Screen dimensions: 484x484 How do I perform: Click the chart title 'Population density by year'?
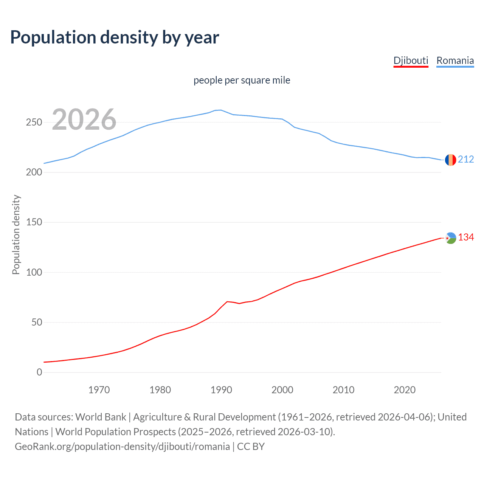tap(115, 37)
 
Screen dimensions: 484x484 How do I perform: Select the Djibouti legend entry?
tap(411, 60)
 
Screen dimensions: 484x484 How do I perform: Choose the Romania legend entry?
tap(455, 60)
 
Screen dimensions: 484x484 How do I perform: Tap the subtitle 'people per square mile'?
tap(242, 80)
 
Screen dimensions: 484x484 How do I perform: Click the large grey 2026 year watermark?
tap(84, 119)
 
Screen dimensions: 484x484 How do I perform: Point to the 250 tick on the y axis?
tap(34, 122)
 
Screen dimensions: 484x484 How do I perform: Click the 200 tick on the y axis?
tap(34, 172)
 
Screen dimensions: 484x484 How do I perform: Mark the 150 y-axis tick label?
tap(34, 222)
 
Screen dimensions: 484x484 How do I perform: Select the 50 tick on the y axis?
tap(36, 322)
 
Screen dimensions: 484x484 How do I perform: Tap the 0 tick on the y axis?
tap(39, 372)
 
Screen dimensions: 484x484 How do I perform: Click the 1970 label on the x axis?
tap(99, 390)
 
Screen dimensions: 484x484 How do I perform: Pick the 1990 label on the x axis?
tap(221, 390)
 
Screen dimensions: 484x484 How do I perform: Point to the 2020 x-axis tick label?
tap(405, 390)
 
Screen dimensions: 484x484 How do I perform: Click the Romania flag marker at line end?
tap(450, 160)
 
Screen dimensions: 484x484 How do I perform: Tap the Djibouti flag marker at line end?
tap(450, 238)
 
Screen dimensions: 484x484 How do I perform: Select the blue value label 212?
tap(466, 159)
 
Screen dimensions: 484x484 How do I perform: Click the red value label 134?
tap(466, 237)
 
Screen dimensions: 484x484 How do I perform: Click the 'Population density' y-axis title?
tap(16, 234)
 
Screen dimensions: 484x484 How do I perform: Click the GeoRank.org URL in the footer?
tap(122, 447)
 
